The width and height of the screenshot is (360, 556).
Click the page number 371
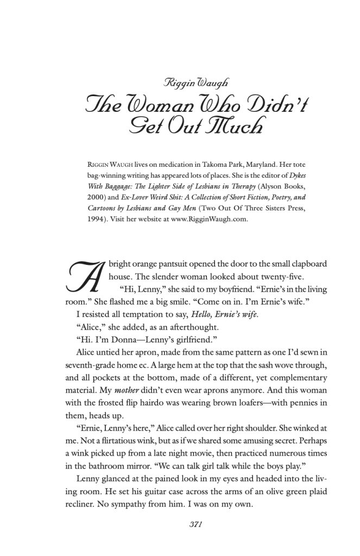[x=195, y=524]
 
